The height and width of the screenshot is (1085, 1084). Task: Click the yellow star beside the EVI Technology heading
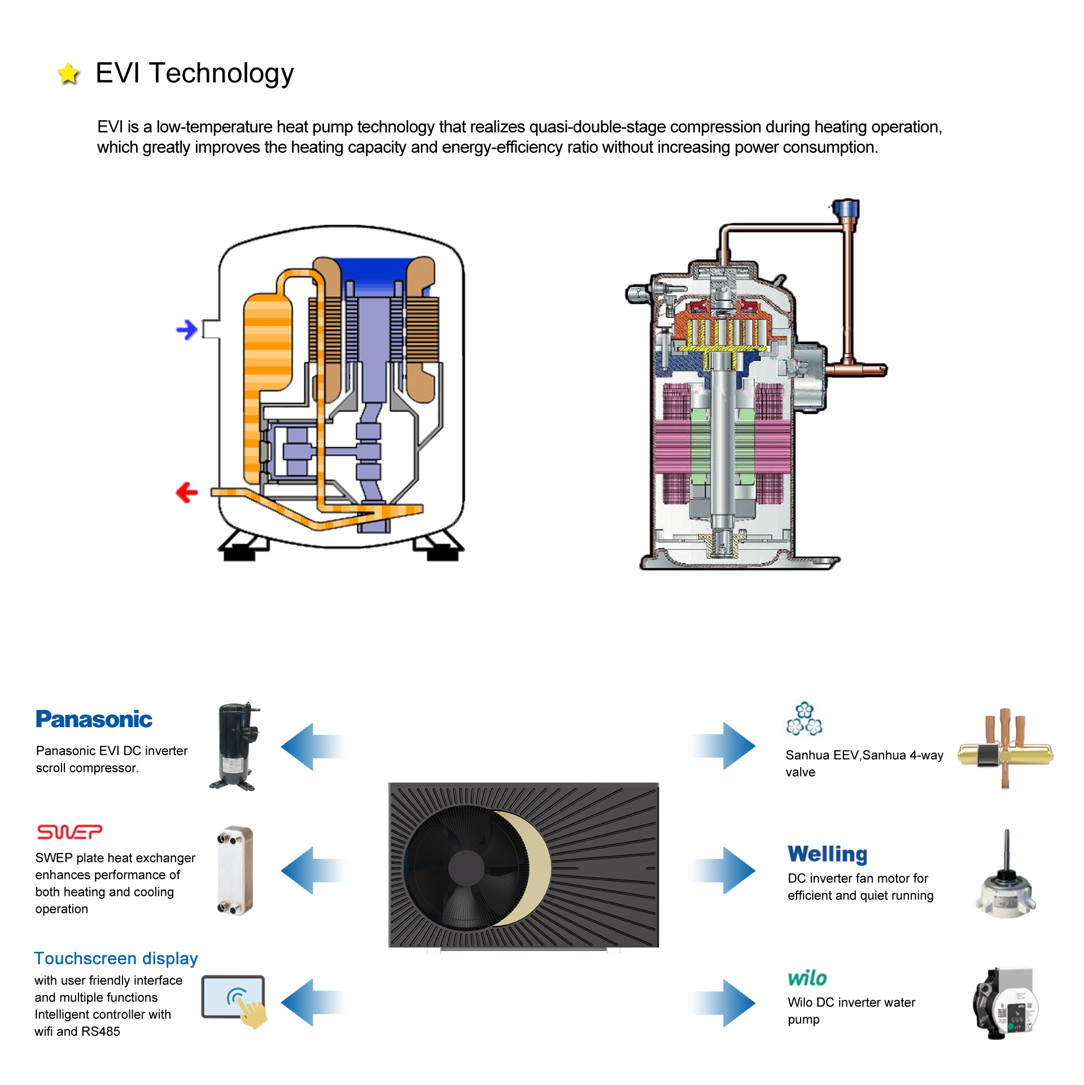click(68, 73)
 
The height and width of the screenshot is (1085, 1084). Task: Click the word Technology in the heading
click(221, 73)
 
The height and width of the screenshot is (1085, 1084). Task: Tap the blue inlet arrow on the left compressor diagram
click(187, 329)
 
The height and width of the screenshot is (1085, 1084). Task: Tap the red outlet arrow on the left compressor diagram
click(187, 492)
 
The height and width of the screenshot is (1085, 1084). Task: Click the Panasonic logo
click(94, 719)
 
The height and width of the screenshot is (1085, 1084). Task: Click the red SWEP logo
click(69, 832)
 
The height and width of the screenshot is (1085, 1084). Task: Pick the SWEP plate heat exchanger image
click(235, 870)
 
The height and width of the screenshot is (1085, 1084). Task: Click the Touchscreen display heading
click(116, 959)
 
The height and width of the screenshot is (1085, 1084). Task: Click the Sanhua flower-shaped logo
click(804, 719)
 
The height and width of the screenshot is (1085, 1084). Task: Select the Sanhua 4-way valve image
click(1005, 749)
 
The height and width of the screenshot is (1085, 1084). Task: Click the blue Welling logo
click(827, 854)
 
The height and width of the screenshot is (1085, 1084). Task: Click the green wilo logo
click(807, 978)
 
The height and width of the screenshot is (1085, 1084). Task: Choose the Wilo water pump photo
click(1006, 1003)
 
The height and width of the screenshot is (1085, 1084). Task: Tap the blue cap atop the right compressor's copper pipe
click(846, 208)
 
